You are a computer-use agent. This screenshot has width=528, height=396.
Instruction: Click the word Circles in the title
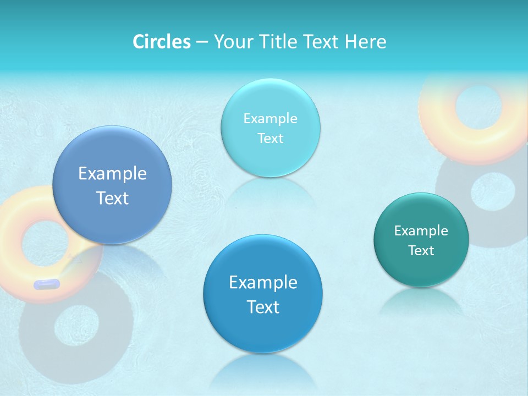(x=162, y=42)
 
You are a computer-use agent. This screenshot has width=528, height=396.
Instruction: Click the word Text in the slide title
(x=323, y=42)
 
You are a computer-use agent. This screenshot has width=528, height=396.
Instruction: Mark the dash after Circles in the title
(x=201, y=42)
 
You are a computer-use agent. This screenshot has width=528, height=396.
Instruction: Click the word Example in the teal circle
(x=421, y=231)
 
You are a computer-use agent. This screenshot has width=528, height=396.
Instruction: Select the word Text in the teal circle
(x=421, y=251)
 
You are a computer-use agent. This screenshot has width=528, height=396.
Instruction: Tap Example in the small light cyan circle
(x=270, y=119)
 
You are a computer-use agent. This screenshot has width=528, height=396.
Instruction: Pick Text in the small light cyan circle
(x=270, y=139)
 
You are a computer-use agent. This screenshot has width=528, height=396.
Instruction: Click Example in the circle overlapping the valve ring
(x=112, y=174)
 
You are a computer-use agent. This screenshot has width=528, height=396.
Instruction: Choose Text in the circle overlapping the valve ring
(x=112, y=198)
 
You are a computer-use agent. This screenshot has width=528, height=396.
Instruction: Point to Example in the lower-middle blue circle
(x=263, y=283)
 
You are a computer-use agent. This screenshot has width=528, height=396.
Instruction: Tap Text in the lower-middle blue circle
(x=263, y=307)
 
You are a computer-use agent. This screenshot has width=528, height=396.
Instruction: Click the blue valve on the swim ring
(x=46, y=284)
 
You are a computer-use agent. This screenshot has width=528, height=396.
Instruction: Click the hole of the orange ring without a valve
(x=476, y=107)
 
